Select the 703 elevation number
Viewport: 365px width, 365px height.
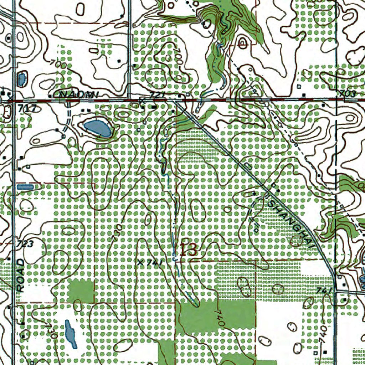coord(348,94)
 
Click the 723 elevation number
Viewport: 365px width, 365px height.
coord(25,244)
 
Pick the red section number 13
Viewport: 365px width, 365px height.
coord(188,250)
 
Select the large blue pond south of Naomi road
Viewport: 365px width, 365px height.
coord(97,128)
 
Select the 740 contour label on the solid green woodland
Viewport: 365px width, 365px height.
coord(220,318)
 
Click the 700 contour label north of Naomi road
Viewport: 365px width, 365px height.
coord(58,65)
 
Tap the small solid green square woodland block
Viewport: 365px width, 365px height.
coord(81,291)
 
